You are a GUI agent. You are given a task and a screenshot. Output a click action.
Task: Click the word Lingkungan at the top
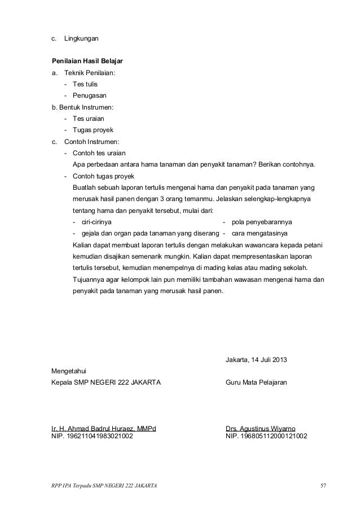tap(82, 39)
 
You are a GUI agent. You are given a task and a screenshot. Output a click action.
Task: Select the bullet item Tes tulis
tap(84, 84)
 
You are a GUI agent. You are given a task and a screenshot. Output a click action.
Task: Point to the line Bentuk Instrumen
tap(82, 107)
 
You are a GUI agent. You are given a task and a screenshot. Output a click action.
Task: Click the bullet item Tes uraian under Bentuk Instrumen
tap(87, 119)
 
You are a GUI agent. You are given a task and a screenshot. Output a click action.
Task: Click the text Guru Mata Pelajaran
tap(256, 383)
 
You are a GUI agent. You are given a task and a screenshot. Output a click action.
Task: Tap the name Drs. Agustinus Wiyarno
tap(260, 428)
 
